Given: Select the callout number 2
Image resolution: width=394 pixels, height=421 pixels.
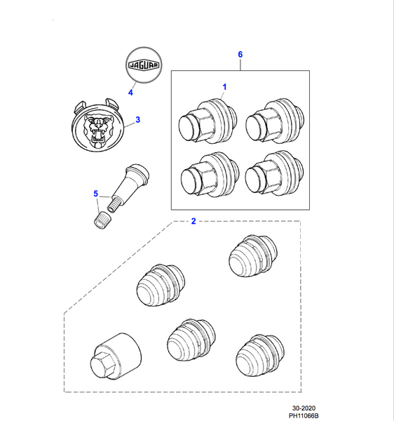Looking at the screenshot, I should pyautogui.click(x=193, y=221).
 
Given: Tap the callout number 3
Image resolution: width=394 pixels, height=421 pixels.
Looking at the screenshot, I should pyautogui.click(x=137, y=120).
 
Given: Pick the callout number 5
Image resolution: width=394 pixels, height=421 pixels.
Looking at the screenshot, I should pyautogui.click(x=96, y=194).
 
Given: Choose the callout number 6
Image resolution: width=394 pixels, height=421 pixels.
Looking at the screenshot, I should pyautogui.click(x=240, y=54).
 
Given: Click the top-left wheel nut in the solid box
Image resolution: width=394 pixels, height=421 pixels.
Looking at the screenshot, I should pyautogui.click(x=203, y=121).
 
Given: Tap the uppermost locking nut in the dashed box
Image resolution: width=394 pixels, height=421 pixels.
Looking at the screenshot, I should pyautogui.click(x=252, y=260).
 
